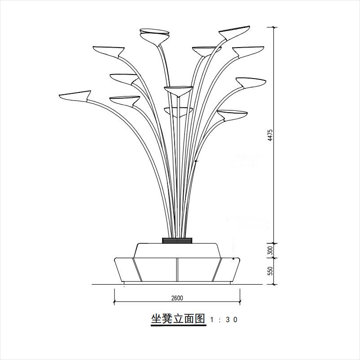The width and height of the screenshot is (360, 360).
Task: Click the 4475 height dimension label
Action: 270,135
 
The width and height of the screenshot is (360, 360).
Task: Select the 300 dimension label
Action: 270,250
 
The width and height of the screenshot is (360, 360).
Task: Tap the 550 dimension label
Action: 270,271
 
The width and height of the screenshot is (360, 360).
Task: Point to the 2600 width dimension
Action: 177,298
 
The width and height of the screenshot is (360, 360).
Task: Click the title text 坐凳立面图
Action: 178,319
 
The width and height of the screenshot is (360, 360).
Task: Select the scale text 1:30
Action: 223,320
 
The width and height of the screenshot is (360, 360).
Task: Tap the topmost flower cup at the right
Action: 234,32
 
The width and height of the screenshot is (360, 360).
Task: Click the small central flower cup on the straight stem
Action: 178,90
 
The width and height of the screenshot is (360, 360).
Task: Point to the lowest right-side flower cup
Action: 232,115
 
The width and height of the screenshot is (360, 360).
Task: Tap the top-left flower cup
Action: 109,50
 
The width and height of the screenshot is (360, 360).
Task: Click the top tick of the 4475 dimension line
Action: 275,27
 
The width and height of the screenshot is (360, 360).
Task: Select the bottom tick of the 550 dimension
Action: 275,284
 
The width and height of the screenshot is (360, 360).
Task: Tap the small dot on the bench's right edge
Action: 234,259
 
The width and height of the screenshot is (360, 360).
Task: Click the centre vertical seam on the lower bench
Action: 177,270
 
